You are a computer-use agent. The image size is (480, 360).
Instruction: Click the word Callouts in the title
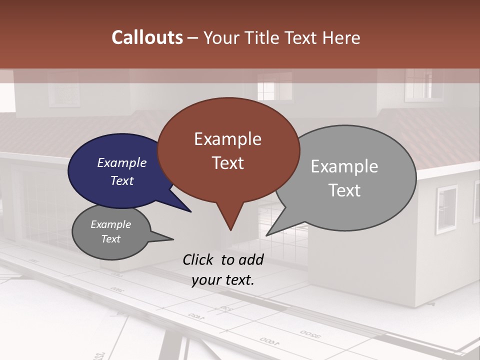coord(147,37)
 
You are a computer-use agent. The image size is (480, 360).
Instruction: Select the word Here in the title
coord(342,38)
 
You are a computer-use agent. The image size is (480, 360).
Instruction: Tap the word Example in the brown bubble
coord(227,139)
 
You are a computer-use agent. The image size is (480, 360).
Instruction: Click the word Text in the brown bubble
coord(227,163)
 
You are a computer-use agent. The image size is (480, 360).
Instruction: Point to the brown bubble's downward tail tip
coord(230,229)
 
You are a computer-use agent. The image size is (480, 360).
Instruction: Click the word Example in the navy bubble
coord(121,162)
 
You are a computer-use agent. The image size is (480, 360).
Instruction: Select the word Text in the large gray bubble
coord(344,190)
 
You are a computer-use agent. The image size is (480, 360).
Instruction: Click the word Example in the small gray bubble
coord(110,224)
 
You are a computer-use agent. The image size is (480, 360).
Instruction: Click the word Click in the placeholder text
coord(198,259)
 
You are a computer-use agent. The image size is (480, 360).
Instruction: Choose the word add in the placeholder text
coord(251,259)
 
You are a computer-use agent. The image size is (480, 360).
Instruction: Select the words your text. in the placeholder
coord(222,280)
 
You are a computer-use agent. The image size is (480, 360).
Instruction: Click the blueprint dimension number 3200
coord(310,334)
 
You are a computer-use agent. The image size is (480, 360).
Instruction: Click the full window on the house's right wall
coord(446,209)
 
